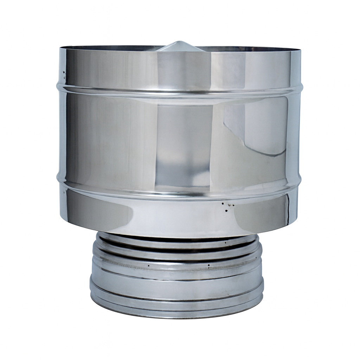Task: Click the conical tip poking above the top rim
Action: [180, 45]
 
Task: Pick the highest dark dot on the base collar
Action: [225, 242]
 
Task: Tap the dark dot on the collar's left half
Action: [149, 265]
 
